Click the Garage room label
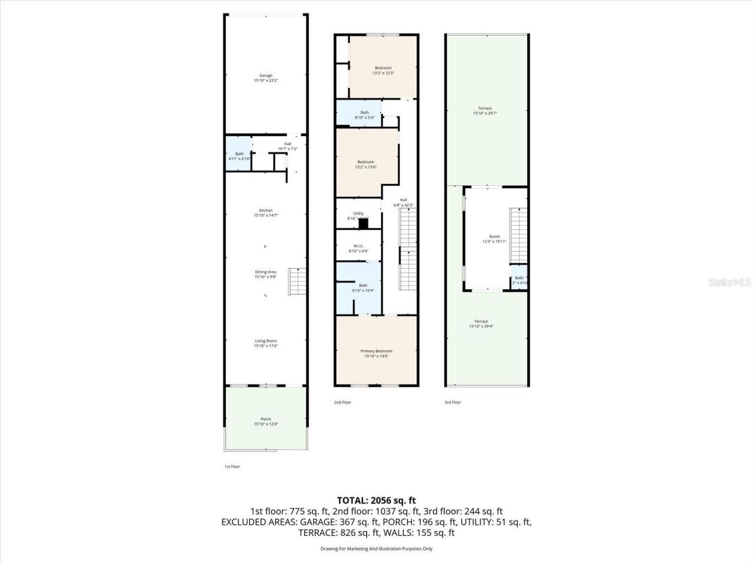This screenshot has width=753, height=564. click(x=266, y=75)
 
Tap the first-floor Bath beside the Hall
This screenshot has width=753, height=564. click(x=239, y=155)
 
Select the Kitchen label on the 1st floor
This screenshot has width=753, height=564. click(x=266, y=210)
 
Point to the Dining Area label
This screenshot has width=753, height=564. click(x=265, y=272)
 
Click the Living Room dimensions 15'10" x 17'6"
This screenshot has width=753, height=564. click(x=265, y=346)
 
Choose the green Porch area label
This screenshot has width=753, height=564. click(x=265, y=419)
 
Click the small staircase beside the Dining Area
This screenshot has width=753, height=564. click(x=298, y=282)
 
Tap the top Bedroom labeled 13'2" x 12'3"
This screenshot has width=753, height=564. click(x=383, y=68)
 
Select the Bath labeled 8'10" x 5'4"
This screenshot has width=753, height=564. click(x=365, y=113)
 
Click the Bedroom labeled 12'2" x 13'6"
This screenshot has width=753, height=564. click(x=365, y=162)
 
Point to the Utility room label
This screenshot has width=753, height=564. click(x=358, y=214)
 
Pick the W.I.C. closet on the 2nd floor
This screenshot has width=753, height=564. click(x=358, y=246)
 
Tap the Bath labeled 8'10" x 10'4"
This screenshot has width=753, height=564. click(x=363, y=286)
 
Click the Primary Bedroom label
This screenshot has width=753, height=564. click(x=376, y=351)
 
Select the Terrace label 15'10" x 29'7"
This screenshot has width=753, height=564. click(x=485, y=109)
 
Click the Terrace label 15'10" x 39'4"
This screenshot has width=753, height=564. click(x=481, y=321)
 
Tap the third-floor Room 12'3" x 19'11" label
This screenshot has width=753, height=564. click(x=494, y=237)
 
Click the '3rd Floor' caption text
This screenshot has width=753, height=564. click(x=452, y=402)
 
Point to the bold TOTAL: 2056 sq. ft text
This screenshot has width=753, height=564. click(x=376, y=501)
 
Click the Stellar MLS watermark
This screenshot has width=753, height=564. click(x=729, y=282)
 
